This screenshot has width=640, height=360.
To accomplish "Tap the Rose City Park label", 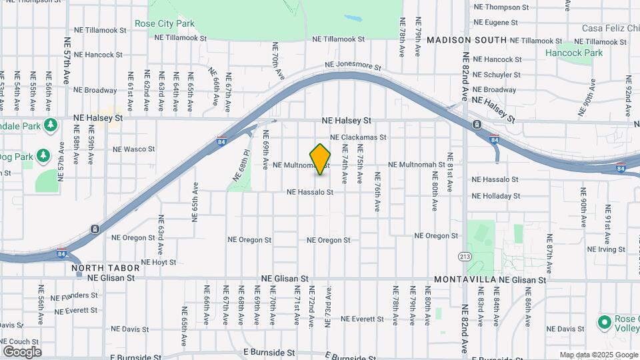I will pos(165,23).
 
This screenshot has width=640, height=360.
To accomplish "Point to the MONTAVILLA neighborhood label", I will pos(463,280).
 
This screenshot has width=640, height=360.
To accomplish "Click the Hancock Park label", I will pos(573,53).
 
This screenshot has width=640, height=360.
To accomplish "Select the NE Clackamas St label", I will pos(363,137).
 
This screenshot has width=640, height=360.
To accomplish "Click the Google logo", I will pos(22,351).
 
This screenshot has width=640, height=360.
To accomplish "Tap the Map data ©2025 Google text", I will pos(598,355).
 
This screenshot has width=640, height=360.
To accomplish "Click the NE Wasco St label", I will pos(133,149).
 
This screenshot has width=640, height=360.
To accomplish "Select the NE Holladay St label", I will pos(495,196).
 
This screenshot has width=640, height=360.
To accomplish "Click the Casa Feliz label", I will pos(610,28).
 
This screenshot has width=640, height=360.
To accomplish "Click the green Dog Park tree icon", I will pos(44,156).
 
